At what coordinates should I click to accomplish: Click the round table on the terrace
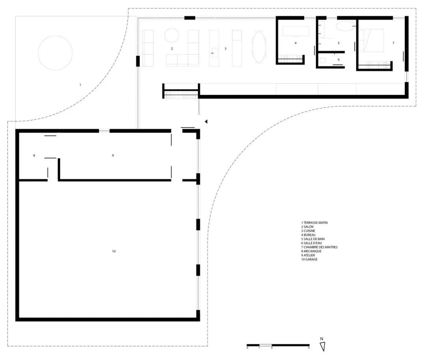(x=55, y=53)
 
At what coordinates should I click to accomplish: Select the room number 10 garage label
(x=114, y=251)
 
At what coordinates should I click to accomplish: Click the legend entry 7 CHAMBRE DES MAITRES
(x=319, y=247)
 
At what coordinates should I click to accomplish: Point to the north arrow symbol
(x=323, y=347)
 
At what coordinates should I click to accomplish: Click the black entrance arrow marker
(x=206, y=122)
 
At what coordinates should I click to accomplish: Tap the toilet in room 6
(x=323, y=60)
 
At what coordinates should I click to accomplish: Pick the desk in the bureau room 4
(x=295, y=31)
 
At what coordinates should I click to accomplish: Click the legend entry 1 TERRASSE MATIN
(x=314, y=223)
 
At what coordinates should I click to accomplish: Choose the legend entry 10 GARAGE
(x=309, y=259)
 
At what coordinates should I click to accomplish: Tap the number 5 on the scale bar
(x=309, y=347)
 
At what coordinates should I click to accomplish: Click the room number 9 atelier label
(x=113, y=155)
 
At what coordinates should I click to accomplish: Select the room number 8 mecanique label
(x=34, y=156)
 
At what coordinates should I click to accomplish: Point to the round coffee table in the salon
(x=172, y=36)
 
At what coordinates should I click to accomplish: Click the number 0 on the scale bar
(x=247, y=347)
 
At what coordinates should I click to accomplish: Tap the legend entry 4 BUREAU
(x=308, y=235)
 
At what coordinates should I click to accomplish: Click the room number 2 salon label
(x=172, y=49)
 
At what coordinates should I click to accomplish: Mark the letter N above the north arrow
(x=322, y=339)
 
